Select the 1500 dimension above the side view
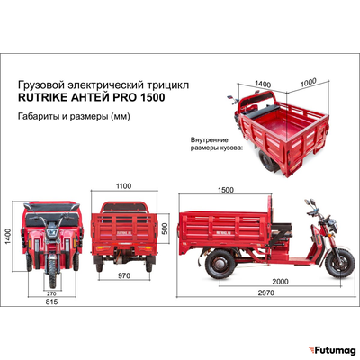coord(226,191)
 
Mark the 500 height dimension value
coord(164,229)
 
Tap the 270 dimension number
coord(50,293)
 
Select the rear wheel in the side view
coord(218,265)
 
